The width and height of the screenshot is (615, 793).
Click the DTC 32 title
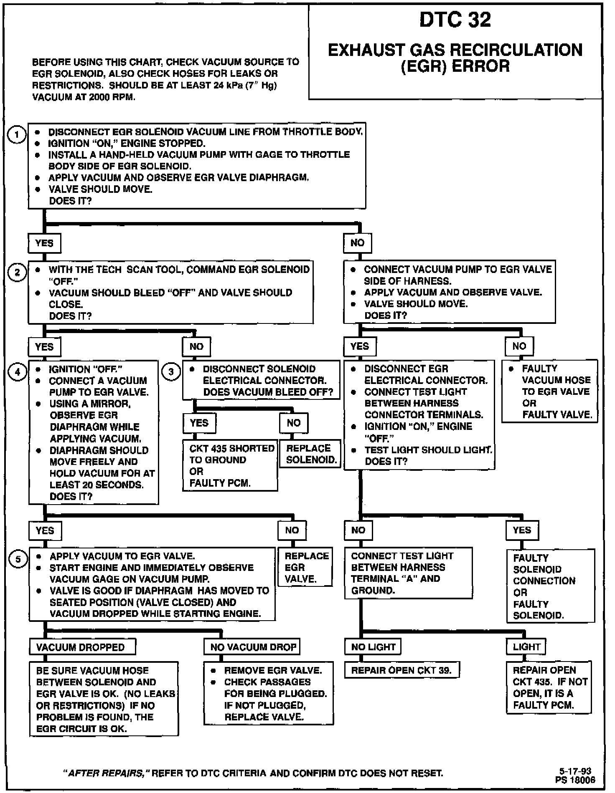click(x=455, y=20)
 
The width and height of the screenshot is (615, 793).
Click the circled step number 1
click(x=17, y=135)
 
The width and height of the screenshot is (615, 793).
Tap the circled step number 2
click(x=17, y=273)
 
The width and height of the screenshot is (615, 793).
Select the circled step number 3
click(x=171, y=371)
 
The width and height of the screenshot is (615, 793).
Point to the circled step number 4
click(x=18, y=372)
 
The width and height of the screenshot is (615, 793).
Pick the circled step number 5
click(x=18, y=559)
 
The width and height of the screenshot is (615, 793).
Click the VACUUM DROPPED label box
click(x=82, y=647)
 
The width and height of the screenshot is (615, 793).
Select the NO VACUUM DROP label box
click(x=252, y=647)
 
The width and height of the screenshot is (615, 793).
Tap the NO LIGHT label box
click(x=373, y=647)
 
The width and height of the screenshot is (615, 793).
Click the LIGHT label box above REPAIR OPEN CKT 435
click(x=526, y=647)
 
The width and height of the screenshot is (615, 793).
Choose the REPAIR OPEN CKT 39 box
click(x=401, y=670)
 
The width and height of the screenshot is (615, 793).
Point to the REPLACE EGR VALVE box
click(x=305, y=567)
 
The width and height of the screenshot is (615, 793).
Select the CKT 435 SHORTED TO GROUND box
click(x=230, y=465)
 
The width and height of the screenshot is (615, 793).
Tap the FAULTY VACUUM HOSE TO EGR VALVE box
click(x=549, y=391)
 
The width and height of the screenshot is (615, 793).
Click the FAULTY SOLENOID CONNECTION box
click(x=550, y=586)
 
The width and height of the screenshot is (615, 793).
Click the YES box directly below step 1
click(x=44, y=243)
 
